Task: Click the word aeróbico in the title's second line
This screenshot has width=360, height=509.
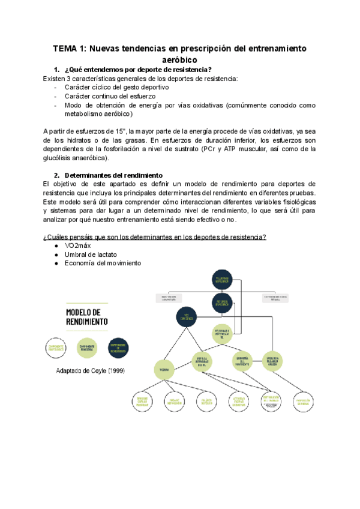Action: click(x=180, y=59)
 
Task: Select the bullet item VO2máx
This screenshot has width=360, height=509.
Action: click(x=79, y=246)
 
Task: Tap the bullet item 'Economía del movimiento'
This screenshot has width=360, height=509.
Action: click(x=103, y=263)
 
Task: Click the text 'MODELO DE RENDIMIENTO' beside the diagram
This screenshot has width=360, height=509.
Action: click(x=86, y=317)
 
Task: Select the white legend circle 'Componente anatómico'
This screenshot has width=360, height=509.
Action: click(x=55, y=348)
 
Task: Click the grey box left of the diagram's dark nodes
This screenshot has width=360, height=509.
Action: click(x=169, y=298)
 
